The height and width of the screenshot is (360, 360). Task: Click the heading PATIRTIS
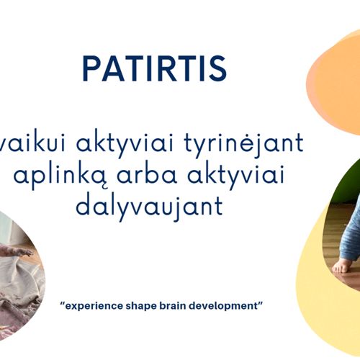155,68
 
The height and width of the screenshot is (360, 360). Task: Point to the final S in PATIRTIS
217,68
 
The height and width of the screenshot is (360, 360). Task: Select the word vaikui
32,143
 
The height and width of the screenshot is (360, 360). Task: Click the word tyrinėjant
243,143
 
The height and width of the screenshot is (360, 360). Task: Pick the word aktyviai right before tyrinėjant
125,143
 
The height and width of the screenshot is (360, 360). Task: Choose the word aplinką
60,176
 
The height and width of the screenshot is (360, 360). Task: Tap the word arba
147,174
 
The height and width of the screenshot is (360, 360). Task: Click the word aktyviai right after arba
235,175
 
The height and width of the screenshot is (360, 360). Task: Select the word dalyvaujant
149,207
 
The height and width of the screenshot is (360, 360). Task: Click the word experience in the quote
94,306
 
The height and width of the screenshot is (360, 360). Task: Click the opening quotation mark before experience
63,303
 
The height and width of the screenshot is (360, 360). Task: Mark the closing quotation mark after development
260,303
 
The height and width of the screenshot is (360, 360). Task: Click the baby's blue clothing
351,238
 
